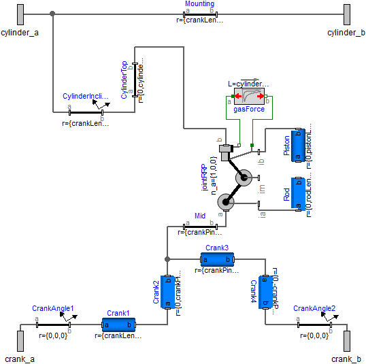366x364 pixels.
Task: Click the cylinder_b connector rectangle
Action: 346,14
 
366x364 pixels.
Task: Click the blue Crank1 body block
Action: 119,325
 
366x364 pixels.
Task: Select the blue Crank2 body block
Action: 167,292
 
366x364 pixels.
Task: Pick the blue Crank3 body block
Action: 217,259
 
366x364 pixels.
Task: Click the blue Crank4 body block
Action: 265,292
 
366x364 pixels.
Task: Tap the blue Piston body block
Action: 297,146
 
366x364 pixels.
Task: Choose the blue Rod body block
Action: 297,194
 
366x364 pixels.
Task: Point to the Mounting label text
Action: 199,4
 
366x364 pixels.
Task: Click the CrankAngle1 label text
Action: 52,309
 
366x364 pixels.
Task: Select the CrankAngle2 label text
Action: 314,309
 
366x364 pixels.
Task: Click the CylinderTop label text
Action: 124,80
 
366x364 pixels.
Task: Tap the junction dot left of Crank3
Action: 167,259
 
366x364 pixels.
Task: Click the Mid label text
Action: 199,216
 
